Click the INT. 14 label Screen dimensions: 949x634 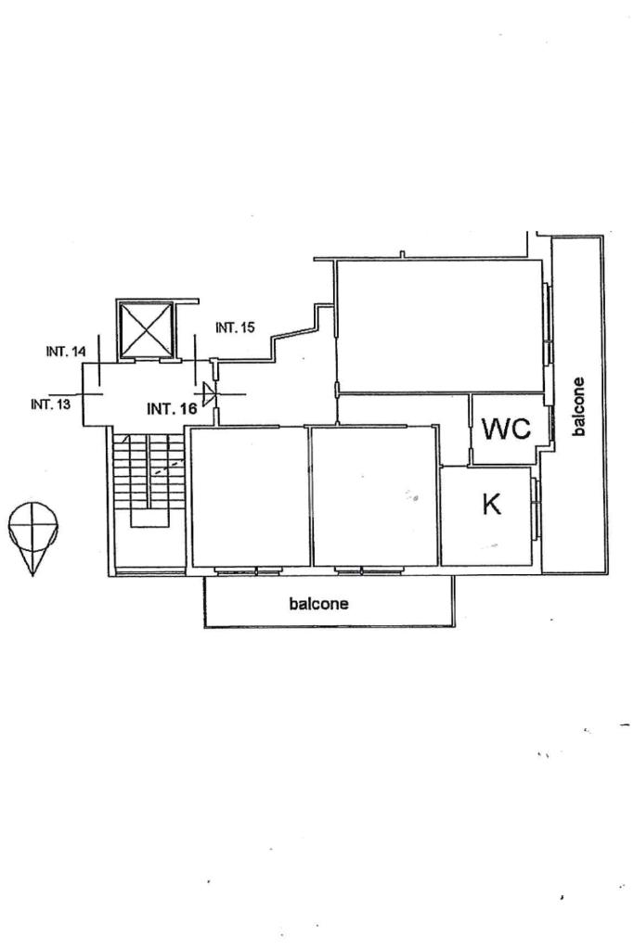point(65,352)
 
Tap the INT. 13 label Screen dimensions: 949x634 point(51,404)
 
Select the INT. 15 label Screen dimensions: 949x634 point(235,327)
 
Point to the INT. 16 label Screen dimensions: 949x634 point(171,407)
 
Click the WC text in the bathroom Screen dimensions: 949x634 point(506,430)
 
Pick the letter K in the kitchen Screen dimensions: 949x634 point(492,505)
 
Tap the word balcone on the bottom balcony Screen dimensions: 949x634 point(319,604)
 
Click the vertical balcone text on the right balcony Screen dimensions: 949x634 point(579,406)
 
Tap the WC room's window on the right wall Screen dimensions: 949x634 point(550,422)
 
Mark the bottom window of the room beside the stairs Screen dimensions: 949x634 point(248,570)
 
